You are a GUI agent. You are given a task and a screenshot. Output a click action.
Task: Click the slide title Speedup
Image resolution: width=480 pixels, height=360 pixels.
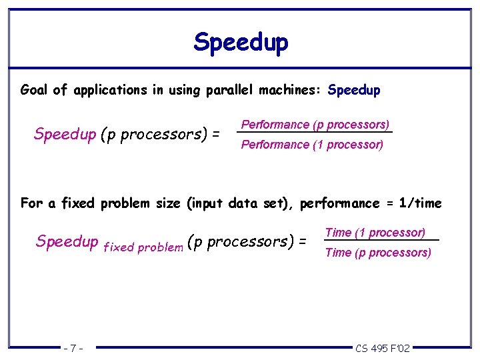pyautogui.click(x=241, y=42)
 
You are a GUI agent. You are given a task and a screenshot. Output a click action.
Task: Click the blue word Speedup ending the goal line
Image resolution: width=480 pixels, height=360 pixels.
pyautogui.click(x=354, y=90)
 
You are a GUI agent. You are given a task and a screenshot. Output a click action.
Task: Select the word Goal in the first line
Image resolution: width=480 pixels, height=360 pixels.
pyautogui.click(x=34, y=90)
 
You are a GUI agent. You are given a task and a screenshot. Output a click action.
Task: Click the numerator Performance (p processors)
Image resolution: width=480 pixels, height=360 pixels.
pyautogui.click(x=315, y=125)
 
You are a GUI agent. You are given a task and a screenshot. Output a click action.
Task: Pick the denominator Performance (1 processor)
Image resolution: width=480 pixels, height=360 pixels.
pyautogui.click(x=312, y=145)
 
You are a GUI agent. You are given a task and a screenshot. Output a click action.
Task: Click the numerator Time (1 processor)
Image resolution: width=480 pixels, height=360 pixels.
pyautogui.click(x=375, y=233)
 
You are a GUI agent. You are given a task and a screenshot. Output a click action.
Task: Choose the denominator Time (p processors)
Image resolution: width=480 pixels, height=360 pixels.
pyautogui.click(x=378, y=253)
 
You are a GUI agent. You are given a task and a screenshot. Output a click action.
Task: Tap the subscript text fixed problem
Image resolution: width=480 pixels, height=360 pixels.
pyautogui.click(x=143, y=247)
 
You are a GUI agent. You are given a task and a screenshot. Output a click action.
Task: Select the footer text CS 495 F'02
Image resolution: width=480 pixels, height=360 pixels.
pyautogui.click(x=383, y=348)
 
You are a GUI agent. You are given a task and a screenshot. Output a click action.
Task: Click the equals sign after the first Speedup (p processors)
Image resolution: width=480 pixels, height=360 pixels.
pyautogui.click(x=215, y=135)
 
